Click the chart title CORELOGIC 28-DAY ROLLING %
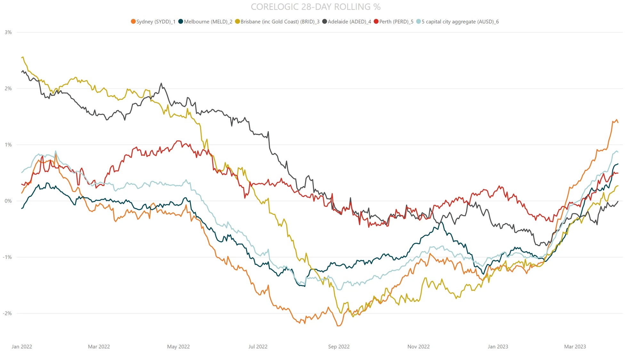[x=315, y=7]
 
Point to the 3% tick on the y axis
[x=8, y=32]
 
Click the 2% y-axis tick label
[x=8, y=89]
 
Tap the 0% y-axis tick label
[x=8, y=201]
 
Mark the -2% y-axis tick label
[x=7, y=313]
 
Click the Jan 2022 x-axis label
[x=22, y=347]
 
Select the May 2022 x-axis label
[x=178, y=347]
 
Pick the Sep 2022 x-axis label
[x=339, y=347]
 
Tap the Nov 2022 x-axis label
[x=418, y=347]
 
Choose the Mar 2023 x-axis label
[x=575, y=347]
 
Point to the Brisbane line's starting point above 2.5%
[x=22, y=57]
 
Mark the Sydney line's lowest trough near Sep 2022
[x=338, y=326]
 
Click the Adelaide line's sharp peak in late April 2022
[x=161, y=84]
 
